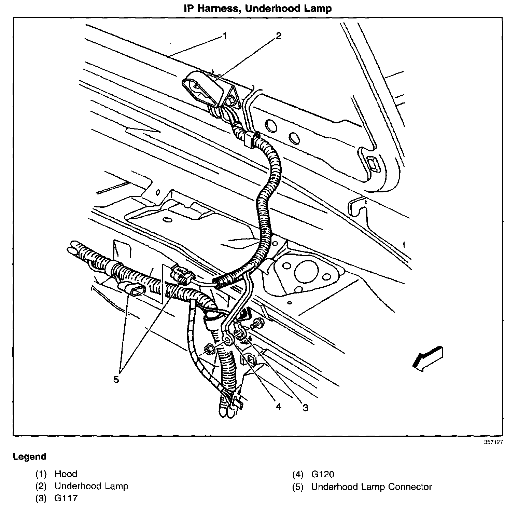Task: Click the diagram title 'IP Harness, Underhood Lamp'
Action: [258, 8]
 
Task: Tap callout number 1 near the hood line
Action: [225, 36]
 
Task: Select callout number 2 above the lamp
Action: [279, 36]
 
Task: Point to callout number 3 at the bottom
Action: [305, 407]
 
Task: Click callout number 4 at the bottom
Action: [279, 407]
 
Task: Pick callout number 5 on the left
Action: [116, 380]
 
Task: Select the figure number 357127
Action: [493, 442]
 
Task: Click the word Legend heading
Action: [29, 457]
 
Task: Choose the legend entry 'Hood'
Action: [66, 474]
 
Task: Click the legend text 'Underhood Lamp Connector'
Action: [371, 487]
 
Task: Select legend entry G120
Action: [323, 474]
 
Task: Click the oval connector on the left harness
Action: [133, 289]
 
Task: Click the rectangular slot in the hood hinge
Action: [373, 164]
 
